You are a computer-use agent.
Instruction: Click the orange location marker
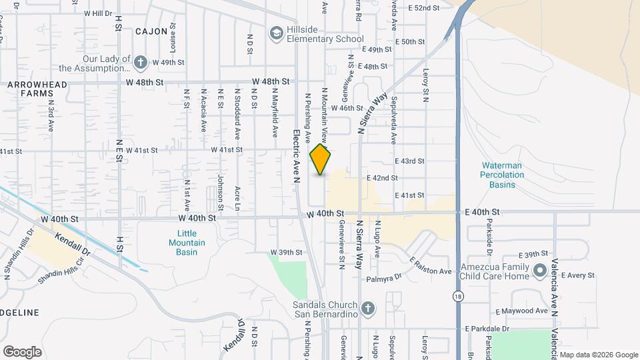click(x=321, y=159)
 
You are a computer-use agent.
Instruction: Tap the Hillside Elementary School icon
click(x=276, y=33)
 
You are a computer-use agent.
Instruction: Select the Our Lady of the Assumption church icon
click(x=140, y=63)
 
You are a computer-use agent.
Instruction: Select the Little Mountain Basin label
click(x=187, y=243)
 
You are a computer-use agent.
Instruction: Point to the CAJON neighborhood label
click(x=151, y=31)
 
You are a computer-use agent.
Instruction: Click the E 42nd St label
click(x=382, y=178)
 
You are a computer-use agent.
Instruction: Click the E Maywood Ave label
click(x=521, y=311)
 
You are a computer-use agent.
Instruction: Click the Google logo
click(x=22, y=351)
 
